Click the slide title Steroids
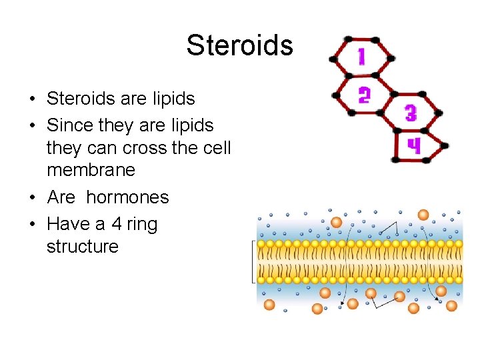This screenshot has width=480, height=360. click(x=239, y=45)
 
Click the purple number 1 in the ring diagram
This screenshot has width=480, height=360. click(x=361, y=56)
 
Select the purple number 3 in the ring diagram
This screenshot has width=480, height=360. click(x=411, y=113)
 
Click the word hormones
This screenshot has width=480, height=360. click(x=127, y=197)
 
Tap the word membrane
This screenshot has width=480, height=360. click(x=91, y=170)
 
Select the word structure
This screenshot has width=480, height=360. click(x=82, y=247)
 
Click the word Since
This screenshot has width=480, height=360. click(x=69, y=125)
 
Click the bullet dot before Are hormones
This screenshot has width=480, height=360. click(x=32, y=198)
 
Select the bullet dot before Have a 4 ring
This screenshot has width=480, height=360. click(x=32, y=225)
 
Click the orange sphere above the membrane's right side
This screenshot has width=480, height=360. click(x=423, y=214)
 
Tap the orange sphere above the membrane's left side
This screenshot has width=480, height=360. click(x=336, y=222)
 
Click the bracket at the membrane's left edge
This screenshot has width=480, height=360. click(x=253, y=261)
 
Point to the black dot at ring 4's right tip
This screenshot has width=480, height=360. click(x=445, y=145)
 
